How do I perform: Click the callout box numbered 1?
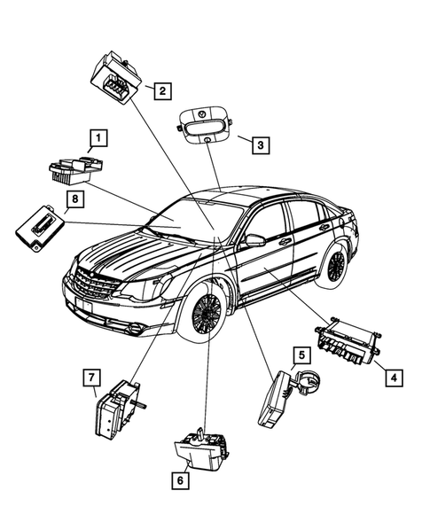coord(97,137)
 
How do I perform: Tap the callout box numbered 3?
coord(258,144)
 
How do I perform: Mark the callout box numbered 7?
coord(90,378)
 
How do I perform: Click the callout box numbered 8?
coord(76,199)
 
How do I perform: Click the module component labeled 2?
coord(116,75)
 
